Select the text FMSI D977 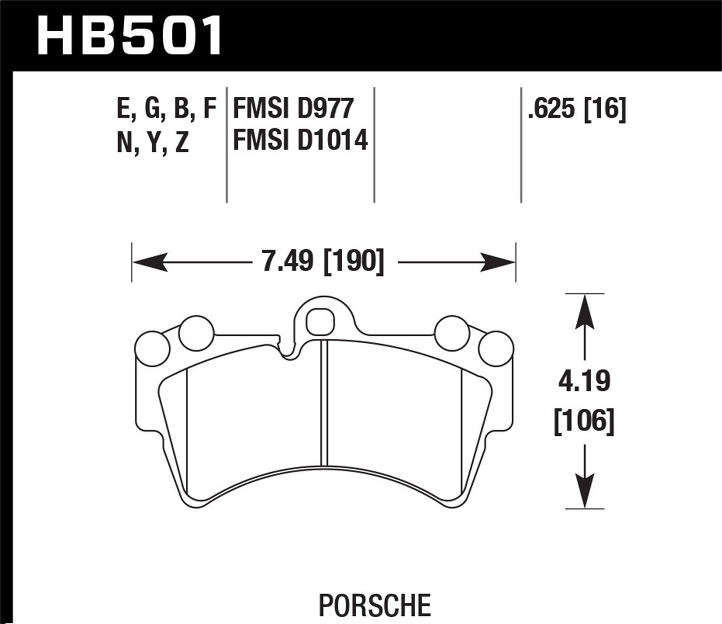point(293,108)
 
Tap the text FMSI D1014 point(300,141)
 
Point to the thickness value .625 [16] point(577,109)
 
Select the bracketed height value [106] point(584,421)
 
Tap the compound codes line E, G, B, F point(167,109)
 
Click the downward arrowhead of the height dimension point(584,491)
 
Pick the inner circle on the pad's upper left point(196,332)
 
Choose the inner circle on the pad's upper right point(451,332)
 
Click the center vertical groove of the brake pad point(323,400)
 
